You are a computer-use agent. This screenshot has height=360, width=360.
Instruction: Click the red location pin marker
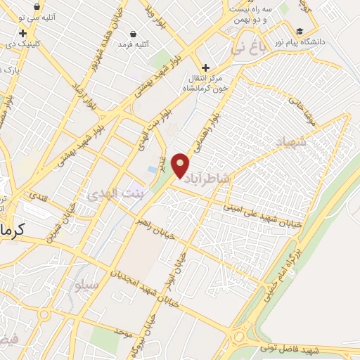(x=181, y=165)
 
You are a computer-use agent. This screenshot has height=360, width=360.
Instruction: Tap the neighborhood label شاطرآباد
(x=207, y=179)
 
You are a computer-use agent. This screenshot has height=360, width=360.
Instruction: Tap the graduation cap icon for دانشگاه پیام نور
(x=300, y=32)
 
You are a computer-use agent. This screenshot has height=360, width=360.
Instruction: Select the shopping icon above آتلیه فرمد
(x=134, y=34)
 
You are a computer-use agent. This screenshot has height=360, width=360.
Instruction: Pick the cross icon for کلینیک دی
(x=23, y=33)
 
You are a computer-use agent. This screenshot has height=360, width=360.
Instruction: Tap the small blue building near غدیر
(x=153, y=170)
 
